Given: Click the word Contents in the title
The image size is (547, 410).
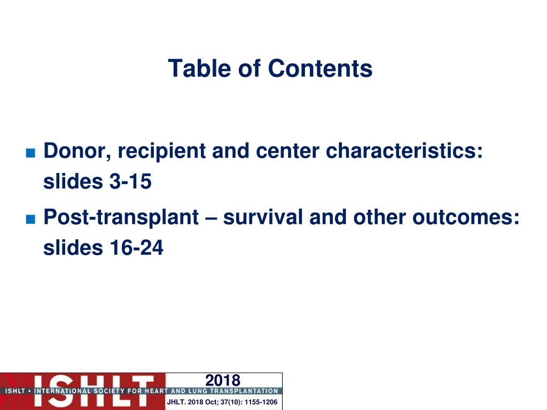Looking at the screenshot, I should [x=320, y=68].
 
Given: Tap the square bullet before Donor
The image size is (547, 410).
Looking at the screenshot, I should [x=30, y=153].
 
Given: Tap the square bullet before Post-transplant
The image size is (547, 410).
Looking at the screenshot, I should [x=30, y=219].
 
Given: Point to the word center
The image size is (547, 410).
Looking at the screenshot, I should [x=288, y=151].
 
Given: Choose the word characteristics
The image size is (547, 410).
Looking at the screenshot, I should [x=404, y=151].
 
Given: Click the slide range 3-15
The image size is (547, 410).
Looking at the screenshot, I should [x=130, y=182].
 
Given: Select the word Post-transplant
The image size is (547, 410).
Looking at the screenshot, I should [x=121, y=217].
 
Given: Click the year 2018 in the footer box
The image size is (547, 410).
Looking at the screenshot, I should [x=223, y=380].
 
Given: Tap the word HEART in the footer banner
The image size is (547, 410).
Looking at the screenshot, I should [x=155, y=391].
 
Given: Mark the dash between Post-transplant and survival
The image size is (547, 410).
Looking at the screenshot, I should [x=210, y=218].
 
